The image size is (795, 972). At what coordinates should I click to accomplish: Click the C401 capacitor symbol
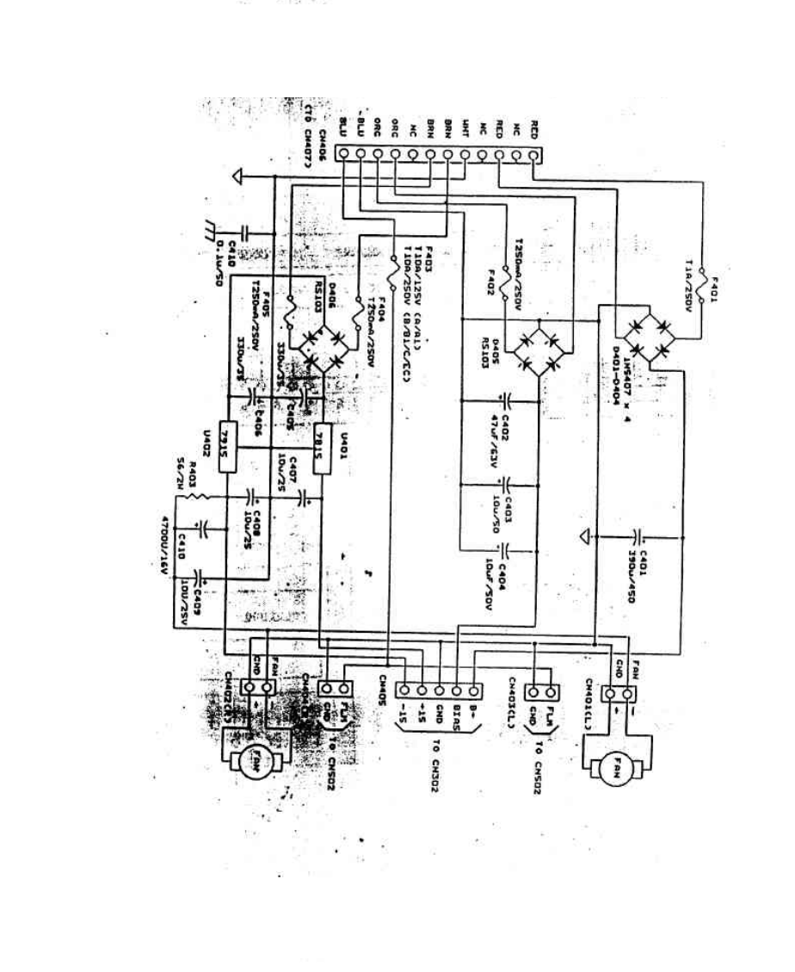[638, 537]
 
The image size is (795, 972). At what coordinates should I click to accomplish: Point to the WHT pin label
[465, 127]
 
